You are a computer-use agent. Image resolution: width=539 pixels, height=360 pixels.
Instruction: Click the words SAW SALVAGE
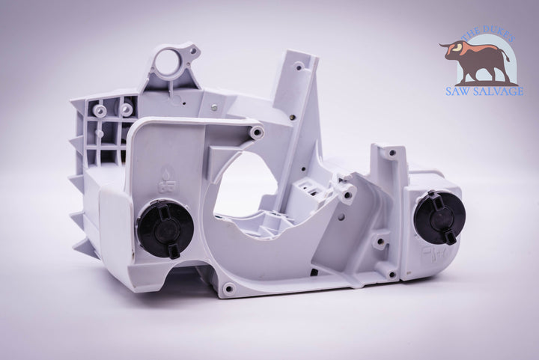[484, 91]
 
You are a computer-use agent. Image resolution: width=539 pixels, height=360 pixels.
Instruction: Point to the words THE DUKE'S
[488, 35]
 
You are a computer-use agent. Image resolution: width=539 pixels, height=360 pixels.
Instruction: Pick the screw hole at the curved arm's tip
[257, 131]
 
